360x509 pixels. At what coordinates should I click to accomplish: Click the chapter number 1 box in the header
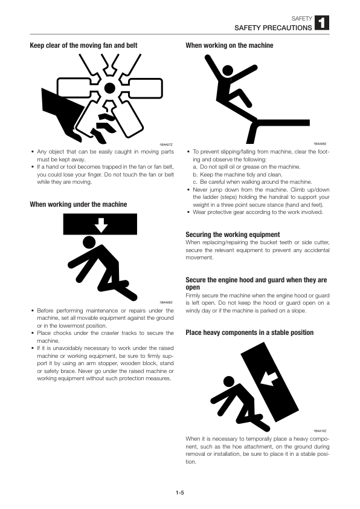pyautogui.click(x=322, y=24)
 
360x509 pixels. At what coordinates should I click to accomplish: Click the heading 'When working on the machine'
pyautogui.click(x=229, y=45)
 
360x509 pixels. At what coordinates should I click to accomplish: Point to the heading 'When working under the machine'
pyautogui.click(x=79, y=204)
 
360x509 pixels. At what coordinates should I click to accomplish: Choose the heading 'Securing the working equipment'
pyautogui.click(x=233, y=234)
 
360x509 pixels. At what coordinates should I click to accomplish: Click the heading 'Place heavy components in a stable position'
pyautogui.click(x=249, y=332)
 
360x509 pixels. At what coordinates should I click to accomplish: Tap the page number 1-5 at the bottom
pyautogui.click(x=179, y=493)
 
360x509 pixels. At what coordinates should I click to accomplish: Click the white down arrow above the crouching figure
pyautogui.click(x=101, y=225)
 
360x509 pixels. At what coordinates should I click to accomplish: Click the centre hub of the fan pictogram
pyautogui.click(x=109, y=88)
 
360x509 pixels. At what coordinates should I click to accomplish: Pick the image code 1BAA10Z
pyautogui.click(x=320, y=429)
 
